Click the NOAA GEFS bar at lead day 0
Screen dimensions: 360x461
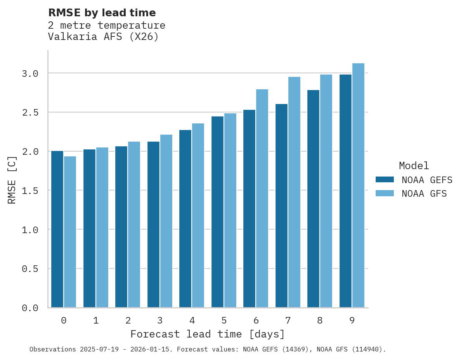(57, 229)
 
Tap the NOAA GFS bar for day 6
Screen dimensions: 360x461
(262, 198)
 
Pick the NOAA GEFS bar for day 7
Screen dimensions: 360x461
(281, 206)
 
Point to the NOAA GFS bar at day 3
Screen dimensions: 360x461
(166, 221)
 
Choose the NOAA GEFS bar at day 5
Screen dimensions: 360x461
(217, 212)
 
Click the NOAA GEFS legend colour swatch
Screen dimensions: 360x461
(385, 180)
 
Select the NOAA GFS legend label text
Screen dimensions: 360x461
(424, 194)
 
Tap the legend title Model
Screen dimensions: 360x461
(414, 166)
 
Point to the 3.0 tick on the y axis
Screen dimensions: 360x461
(30, 73)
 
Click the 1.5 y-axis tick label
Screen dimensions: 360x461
(30, 190)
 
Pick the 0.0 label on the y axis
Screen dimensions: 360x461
(30, 308)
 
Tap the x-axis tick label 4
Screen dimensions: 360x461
(192, 320)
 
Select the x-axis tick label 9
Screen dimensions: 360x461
(352, 320)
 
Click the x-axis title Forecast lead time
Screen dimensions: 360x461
(208, 334)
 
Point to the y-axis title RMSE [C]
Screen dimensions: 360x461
(12, 180)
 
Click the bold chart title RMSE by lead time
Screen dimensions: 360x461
(102, 13)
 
